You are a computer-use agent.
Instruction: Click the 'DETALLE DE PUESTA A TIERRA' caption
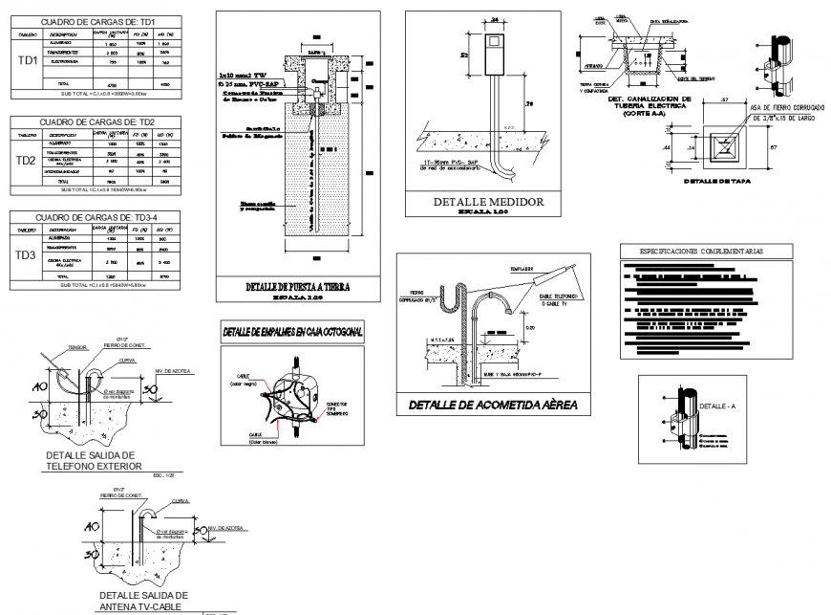tap(298, 286)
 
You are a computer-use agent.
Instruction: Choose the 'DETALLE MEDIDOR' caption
tap(488, 203)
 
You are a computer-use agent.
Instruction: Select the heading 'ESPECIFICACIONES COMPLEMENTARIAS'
tap(706, 252)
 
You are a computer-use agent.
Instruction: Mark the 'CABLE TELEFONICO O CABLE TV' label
tap(556, 304)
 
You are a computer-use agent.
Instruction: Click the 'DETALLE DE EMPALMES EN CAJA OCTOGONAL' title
tap(296, 331)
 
